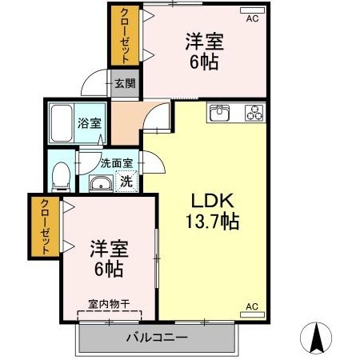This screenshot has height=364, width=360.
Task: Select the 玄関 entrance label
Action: pos(124,82)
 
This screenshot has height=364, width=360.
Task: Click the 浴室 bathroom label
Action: pos(89,124)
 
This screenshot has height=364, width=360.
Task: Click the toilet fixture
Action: pos(61,174)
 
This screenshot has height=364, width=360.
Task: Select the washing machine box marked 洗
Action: pos(126,182)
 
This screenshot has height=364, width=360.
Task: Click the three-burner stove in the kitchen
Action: pos(254,114)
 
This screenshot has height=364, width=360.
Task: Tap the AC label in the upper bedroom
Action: pos(252,17)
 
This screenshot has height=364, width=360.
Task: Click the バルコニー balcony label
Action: pos(156,337)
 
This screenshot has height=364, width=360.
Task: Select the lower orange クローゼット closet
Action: pos(46,226)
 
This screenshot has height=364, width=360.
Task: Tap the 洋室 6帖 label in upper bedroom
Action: pos(203,50)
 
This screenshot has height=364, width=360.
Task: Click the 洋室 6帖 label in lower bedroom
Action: pos(108,258)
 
